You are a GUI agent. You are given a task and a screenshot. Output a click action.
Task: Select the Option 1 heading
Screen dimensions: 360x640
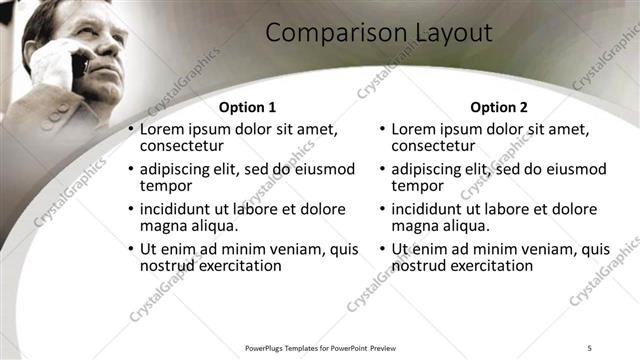coord(247,107)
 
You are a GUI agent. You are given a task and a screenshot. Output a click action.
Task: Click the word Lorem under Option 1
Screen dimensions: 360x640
coord(163,129)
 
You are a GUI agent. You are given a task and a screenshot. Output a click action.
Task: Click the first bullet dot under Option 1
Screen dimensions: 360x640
coord(130,130)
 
